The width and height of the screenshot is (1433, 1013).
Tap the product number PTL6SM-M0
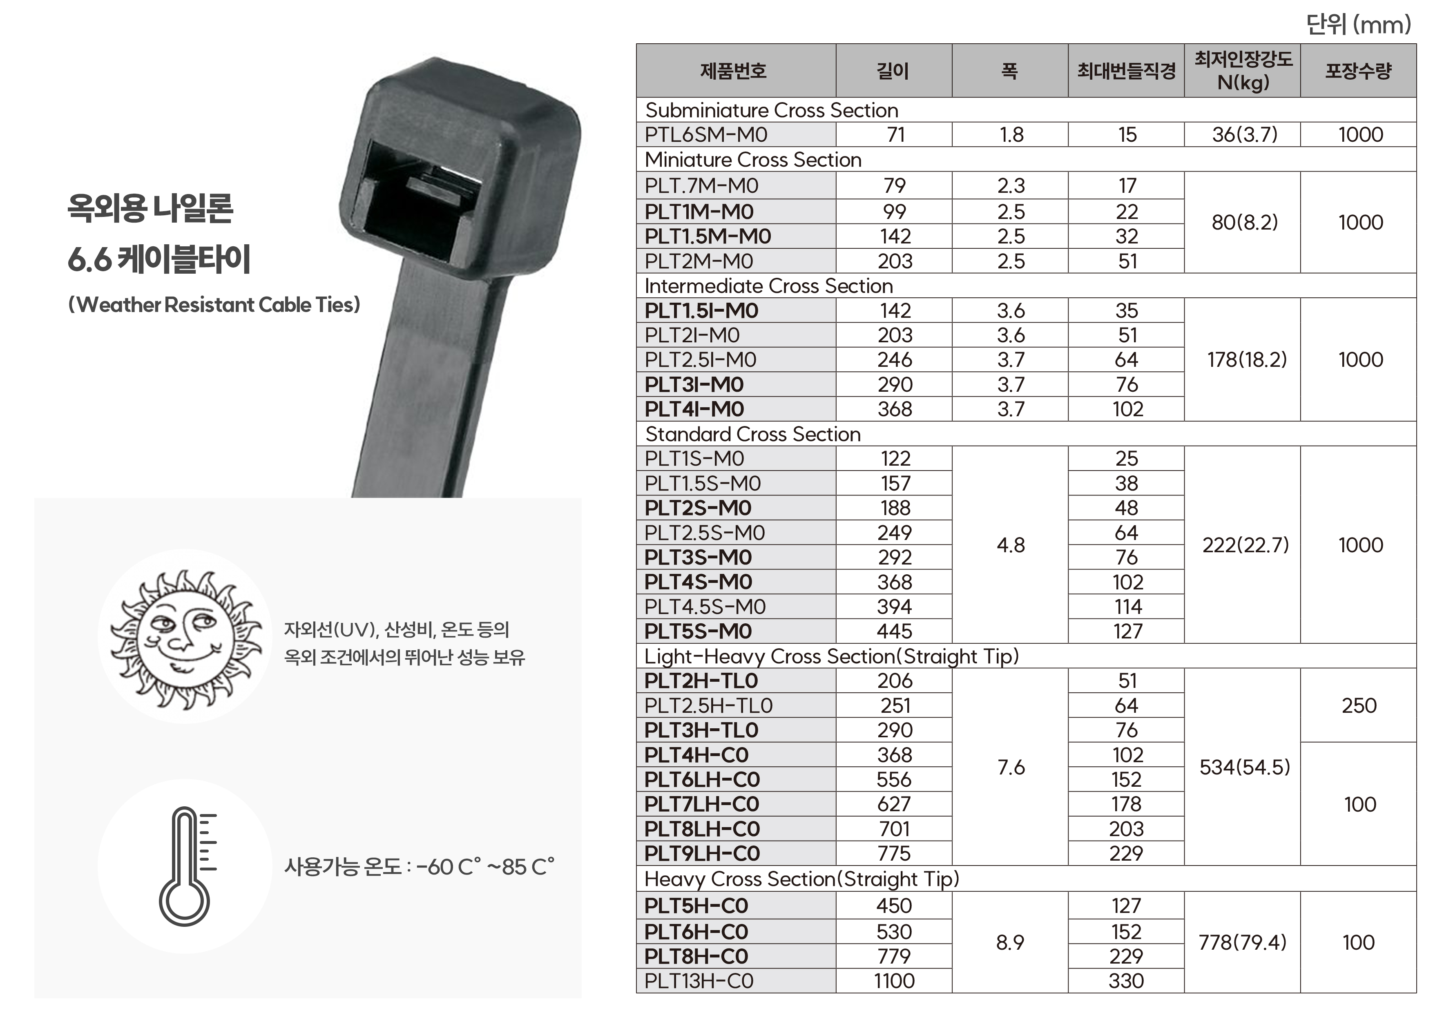coord(706,135)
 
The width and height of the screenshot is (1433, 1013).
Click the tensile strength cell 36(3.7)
coord(1244,135)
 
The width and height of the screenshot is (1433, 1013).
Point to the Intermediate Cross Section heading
coord(768,286)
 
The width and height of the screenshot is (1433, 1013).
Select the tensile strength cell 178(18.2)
coord(1246,359)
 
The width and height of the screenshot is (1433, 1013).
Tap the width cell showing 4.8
coord(1011,545)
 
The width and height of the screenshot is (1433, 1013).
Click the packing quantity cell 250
coord(1359,705)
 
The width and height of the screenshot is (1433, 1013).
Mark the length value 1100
coord(894,981)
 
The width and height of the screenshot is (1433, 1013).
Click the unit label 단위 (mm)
coord(1358,25)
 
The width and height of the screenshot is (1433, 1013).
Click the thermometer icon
coord(185,866)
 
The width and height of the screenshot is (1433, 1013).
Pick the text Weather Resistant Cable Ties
coord(214,305)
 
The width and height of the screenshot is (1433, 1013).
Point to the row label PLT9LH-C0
coord(701,853)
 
